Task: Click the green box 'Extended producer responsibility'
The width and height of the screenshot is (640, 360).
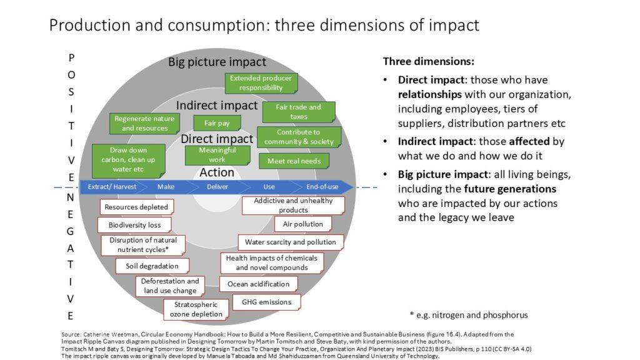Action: click(261, 83)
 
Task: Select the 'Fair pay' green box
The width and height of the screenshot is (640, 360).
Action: click(217, 123)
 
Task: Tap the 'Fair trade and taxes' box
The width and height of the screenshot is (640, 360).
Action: click(298, 112)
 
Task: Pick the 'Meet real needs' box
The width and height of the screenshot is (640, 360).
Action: click(294, 161)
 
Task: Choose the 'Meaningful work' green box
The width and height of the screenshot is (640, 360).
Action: click(217, 155)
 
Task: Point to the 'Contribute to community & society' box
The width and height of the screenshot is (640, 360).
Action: click(298, 137)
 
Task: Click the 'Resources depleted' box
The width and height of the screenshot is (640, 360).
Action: click(136, 207)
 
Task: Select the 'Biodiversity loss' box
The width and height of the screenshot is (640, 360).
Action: click(134, 225)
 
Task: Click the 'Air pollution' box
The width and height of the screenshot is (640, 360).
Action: click(302, 224)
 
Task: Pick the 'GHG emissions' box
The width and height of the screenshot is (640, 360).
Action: click(262, 302)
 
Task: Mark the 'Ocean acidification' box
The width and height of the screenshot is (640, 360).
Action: click(258, 284)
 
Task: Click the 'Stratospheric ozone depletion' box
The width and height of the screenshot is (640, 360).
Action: click(196, 309)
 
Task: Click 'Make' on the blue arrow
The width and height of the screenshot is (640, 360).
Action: click(166, 187)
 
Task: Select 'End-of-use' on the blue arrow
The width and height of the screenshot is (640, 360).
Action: click(322, 187)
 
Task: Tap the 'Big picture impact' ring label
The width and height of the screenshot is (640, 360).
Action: click(217, 62)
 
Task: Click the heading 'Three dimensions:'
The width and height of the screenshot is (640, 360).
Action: click(428, 62)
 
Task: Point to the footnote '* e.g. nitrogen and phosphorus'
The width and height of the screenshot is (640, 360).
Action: click(468, 315)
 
